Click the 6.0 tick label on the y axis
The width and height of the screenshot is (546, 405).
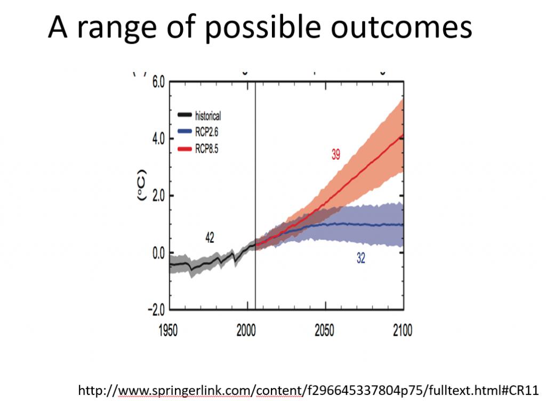coord(158,83)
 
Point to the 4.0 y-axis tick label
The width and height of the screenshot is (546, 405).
coord(158,139)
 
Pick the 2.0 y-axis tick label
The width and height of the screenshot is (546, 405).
coord(158,196)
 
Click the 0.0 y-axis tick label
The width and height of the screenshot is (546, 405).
coord(158,253)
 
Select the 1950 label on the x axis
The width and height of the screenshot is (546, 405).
coord(168,330)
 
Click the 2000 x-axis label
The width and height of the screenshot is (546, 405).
coord(246,330)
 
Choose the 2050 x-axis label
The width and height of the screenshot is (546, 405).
coord(325,330)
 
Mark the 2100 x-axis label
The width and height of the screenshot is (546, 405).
coord(403,330)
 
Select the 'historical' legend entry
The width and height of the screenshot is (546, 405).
coord(199,116)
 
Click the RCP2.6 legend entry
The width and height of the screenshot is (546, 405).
coord(198,132)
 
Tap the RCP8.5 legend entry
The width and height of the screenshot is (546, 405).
coord(198,149)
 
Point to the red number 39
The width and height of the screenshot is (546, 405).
coord(336,154)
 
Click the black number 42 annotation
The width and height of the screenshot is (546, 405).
coord(210,238)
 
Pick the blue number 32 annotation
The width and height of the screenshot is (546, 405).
coord(361,258)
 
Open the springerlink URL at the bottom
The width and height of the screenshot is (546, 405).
coord(309,391)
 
